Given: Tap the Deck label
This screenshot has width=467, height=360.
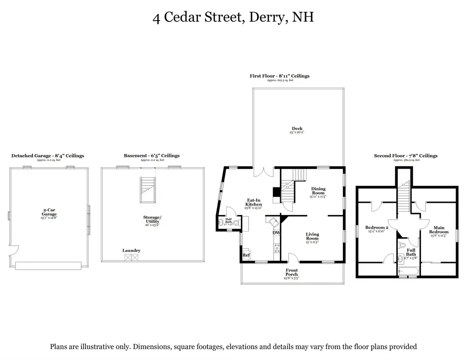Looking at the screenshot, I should (x=297, y=129).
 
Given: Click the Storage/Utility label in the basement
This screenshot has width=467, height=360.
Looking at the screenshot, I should (x=151, y=220).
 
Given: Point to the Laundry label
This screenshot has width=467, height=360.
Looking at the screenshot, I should (x=131, y=251).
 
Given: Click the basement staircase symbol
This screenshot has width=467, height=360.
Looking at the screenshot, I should (x=147, y=191).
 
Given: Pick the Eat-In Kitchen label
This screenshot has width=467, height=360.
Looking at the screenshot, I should (x=254, y=202).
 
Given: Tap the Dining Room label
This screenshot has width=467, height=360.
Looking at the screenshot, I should (x=318, y=191).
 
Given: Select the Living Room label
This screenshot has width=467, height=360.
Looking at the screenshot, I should (x=312, y=237).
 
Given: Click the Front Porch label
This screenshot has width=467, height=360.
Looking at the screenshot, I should (x=291, y=272).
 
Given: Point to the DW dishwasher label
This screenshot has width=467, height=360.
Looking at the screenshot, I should (x=276, y=233).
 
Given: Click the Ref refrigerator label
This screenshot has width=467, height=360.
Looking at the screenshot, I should (x=246, y=255).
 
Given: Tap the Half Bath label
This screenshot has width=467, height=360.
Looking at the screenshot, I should (x=228, y=220).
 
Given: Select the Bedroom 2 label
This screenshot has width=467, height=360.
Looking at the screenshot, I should (x=377, y=228).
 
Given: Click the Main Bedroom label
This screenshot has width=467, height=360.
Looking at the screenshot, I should (x=439, y=230).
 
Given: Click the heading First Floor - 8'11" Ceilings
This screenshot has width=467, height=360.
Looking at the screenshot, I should (x=280, y=76).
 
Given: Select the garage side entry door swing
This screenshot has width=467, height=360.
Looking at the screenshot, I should (x=13, y=250).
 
